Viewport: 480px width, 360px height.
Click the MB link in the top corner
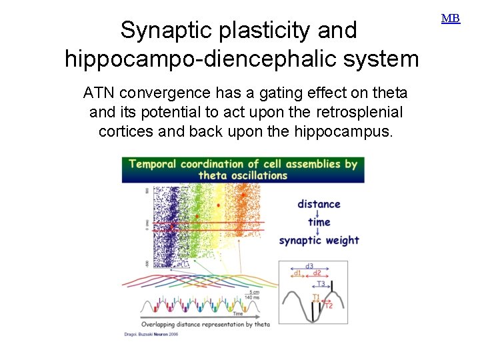[x=451, y=19]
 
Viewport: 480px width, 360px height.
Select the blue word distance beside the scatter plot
[x=319, y=204]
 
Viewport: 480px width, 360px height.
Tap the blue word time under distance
[x=319, y=222]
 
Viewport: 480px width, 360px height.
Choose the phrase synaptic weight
[x=319, y=240]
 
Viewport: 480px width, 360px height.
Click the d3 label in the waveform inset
[x=309, y=266]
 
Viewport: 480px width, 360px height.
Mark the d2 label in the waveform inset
[x=317, y=273]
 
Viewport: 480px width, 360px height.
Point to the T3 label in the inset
[x=321, y=283]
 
